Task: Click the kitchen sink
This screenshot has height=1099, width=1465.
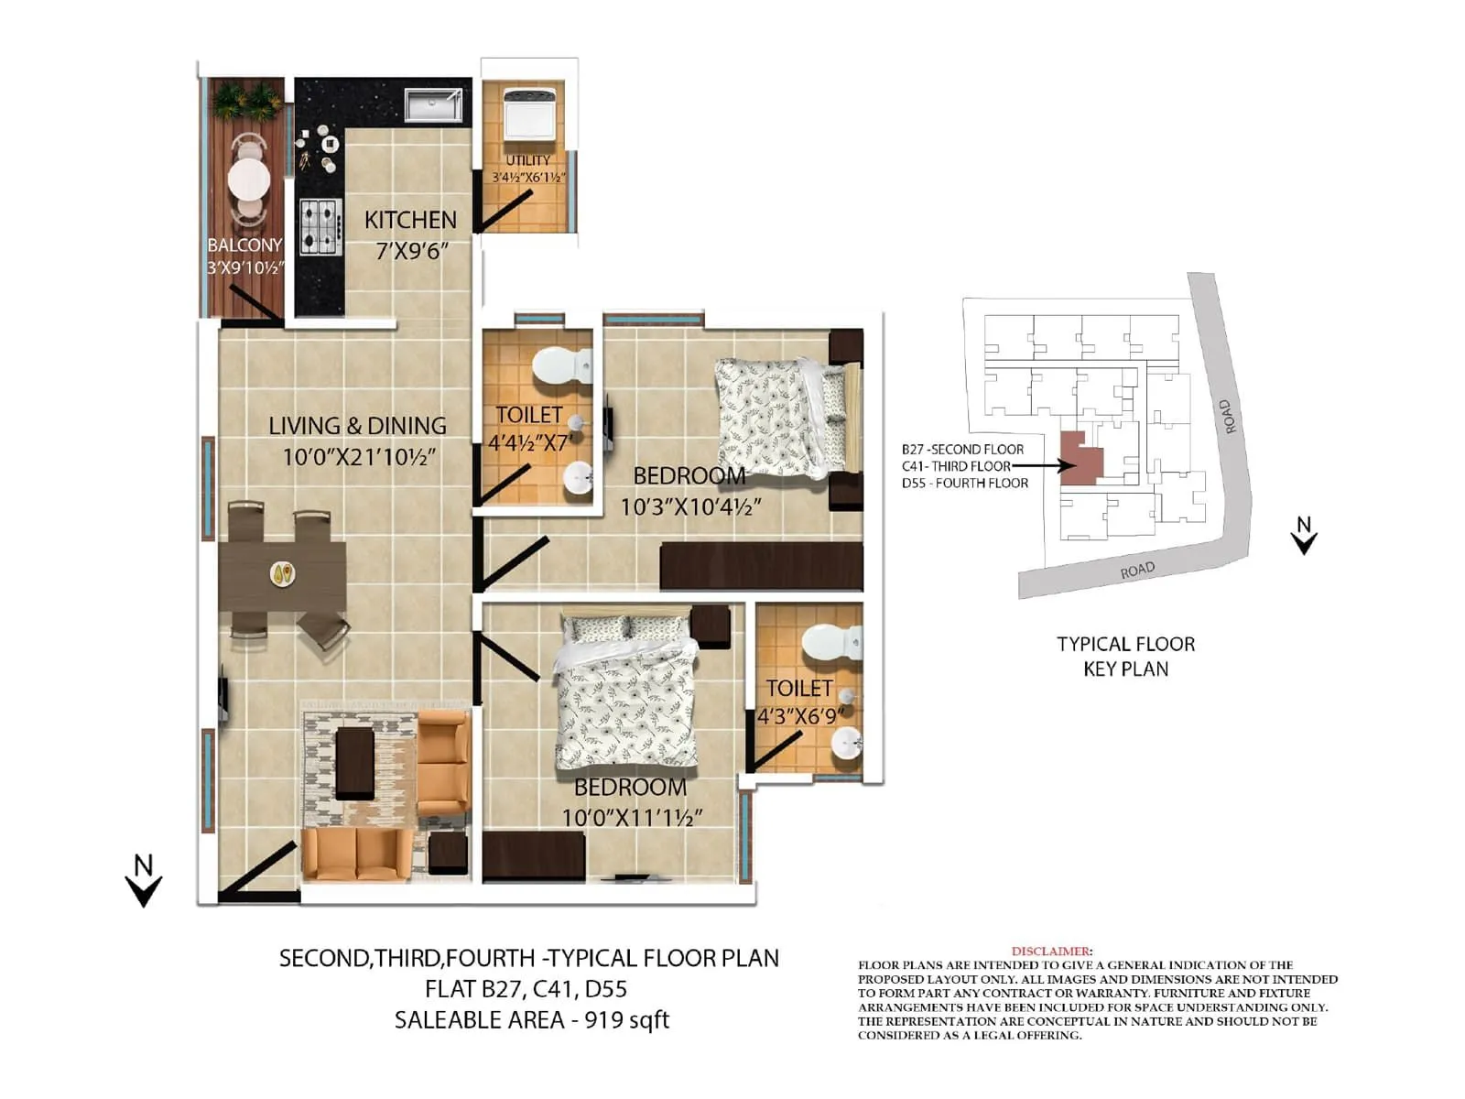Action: pos(433,104)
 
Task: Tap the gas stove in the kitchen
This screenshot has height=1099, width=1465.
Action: pos(320,226)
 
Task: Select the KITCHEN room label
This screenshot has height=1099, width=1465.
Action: pos(410,220)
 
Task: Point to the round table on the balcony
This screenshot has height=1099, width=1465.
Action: pos(248,179)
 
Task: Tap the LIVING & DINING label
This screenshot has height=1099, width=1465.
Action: pos(357,426)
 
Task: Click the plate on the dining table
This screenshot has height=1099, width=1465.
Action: pos(283,574)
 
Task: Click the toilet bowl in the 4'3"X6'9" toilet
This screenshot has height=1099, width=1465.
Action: pos(828,642)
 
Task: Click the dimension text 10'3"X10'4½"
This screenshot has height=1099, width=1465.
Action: pos(690,506)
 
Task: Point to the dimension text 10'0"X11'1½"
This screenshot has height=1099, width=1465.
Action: pos(632,817)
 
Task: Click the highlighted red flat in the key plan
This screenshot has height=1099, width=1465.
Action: pos(1080,458)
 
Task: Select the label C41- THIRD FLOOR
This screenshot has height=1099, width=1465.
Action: pos(956,466)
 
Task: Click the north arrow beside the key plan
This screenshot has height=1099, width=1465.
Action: pos(1304,536)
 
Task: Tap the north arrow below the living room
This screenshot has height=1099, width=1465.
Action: pos(143,880)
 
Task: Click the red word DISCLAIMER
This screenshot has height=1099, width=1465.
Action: pos(1050,952)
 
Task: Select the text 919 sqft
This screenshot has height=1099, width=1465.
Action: pos(627,1019)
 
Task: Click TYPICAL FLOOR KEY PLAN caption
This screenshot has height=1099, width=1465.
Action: pos(1125,657)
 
